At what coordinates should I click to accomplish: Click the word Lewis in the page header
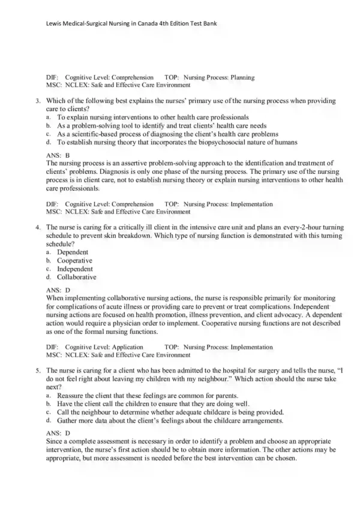point(55,24)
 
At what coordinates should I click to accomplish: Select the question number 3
point(37,101)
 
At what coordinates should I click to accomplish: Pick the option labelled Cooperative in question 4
point(74,261)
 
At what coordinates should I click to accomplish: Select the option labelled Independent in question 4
point(75,269)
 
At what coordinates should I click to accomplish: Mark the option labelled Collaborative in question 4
point(77,278)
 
